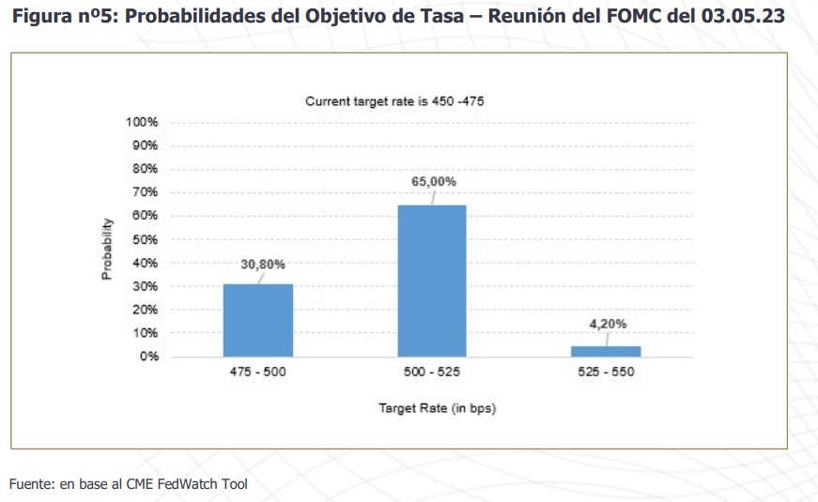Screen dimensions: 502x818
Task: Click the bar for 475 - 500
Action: click(x=257, y=320)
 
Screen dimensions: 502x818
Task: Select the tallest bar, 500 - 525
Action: click(x=432, y=281)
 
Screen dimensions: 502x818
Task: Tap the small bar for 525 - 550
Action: click(x=607, y=351)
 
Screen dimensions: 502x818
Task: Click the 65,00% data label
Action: click(x=434, y=181)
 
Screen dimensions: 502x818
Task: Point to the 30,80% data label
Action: click(x=263, y=265)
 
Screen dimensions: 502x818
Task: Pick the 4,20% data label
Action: click(x=608, y=324)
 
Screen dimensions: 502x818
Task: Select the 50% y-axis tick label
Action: click(x=144, y=239)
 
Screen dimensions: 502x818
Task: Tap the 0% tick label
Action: click(x=148, y=357)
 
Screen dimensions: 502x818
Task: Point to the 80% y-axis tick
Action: click(x=144, y=169)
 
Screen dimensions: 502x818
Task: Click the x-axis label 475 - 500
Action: click(x=257, y=373)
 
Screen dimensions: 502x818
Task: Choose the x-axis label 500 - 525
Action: click(x=432, y=373)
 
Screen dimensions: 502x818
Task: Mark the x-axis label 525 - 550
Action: click(x=607, y=373)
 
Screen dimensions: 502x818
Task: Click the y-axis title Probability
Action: click(x=107, y=249)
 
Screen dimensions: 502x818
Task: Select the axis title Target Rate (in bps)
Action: click(x=437, y=408)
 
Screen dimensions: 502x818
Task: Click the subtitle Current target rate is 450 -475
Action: click(x=394, y=101)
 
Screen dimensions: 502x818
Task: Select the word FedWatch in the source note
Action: click(x=188, y=484)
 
